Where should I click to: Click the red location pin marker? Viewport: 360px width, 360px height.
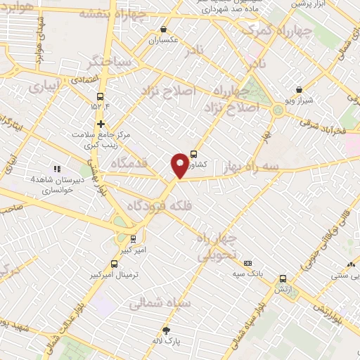(x=181, y=165)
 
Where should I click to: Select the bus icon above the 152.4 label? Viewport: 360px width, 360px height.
(x=100, y=96)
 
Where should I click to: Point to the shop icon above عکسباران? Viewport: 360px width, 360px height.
(x=163, y=30)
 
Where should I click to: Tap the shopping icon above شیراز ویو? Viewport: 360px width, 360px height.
(x=300, y=89)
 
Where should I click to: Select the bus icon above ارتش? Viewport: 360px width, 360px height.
(x=283, y=279)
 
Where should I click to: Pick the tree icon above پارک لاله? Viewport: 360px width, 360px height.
(x=167, y=330)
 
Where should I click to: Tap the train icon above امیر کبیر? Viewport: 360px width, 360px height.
(x=133, y=238)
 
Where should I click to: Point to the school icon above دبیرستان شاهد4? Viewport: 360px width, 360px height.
(x=56, y=169)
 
